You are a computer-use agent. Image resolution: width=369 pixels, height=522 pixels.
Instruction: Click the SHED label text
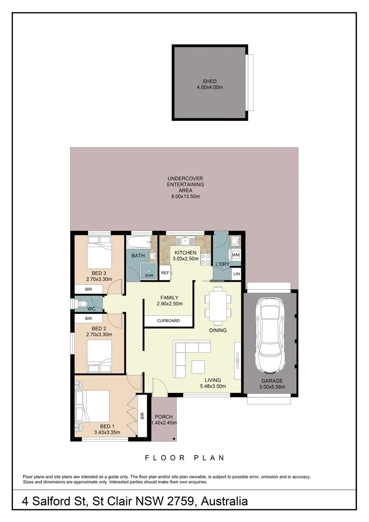pyautogui.click(x=210, y=81)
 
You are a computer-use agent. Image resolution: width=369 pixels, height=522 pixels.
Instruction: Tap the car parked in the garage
pyautogui.click(x=270, y=333)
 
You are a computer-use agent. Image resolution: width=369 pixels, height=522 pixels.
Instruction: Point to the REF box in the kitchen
pyautogui.click(x=165, y=273)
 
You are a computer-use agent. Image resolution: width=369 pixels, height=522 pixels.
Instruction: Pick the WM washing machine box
pyautogui.click(x=236, y=255)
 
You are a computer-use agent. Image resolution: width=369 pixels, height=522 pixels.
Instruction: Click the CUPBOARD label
pyautogui.click(x=169, y=320)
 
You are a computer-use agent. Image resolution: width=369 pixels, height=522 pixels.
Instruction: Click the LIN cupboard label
pyautogui.click(x=236, y=274)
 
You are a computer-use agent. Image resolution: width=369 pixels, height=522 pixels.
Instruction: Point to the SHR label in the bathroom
pyautogui.click(x=149, y=275)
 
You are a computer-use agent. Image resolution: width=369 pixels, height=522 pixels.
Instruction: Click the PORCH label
pyautogui.click(x=164, y=417)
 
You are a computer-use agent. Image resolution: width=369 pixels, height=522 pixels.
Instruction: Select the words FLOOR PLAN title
pyautogui.click(x=184, y=458)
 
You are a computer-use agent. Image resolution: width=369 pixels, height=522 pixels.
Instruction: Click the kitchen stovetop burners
pyautogui.click(x=204, y=260)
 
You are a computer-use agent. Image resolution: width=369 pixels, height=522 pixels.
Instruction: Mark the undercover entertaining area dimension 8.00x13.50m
pyautogui.click(x=185, y=197)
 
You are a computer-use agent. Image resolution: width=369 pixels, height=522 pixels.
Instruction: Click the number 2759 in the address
pyautogui.click(x=178, y=501)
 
